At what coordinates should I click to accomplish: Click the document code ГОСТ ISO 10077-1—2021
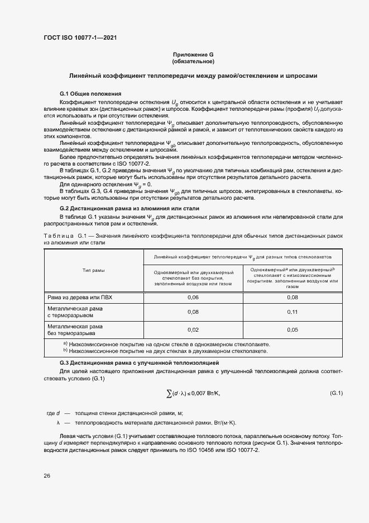pos(80,38)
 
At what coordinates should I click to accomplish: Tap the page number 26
pos(47,475)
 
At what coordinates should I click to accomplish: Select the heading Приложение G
pos(193,54)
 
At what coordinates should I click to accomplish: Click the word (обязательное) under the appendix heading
pos(193,61)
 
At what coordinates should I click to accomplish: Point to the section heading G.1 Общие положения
pos(90,93)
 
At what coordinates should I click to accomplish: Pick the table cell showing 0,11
pos(293,312)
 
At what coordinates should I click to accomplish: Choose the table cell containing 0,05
pos(293,330)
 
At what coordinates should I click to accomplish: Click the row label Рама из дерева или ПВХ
pos(79,297)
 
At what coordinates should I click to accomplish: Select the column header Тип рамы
pos(94,270)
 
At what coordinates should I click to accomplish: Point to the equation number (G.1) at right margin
pos(336,392)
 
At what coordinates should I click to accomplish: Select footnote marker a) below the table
pos(65,343)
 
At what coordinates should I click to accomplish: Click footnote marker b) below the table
pos(65,351)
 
